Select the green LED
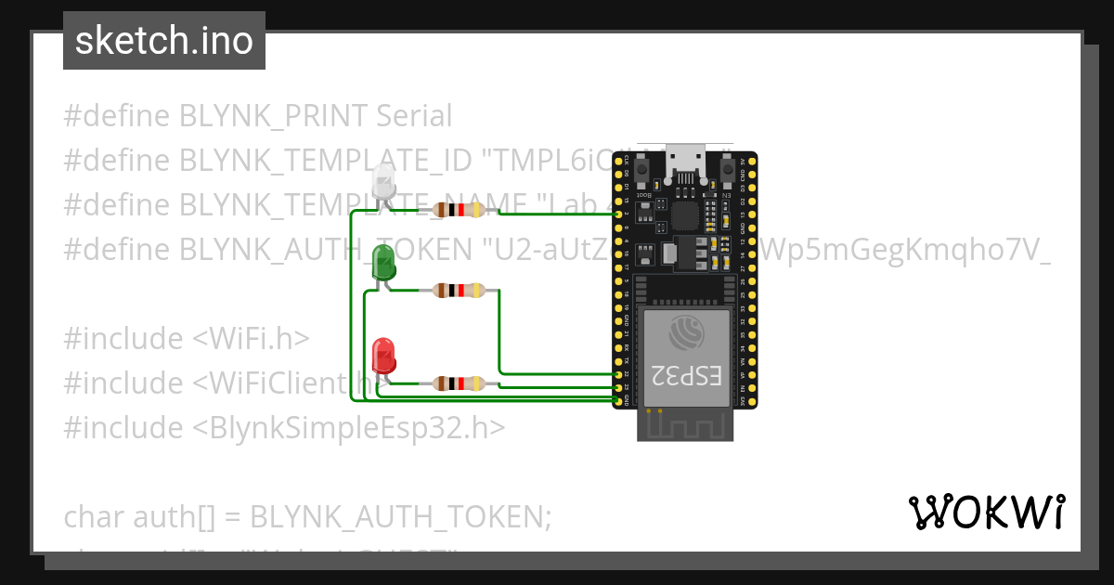click(382, 265)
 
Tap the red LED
click(383, 357)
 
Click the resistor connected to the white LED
click(458, 211)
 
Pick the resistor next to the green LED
click(458, 291)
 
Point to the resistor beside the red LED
click(458, 383)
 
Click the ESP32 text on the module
click(686, 376)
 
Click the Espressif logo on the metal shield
click(686, 332)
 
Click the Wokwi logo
click(986, 512)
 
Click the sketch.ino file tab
click(164, 41)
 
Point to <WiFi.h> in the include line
click(251, 338)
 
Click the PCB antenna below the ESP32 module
click(685, 425)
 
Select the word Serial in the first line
click(414, 116)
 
